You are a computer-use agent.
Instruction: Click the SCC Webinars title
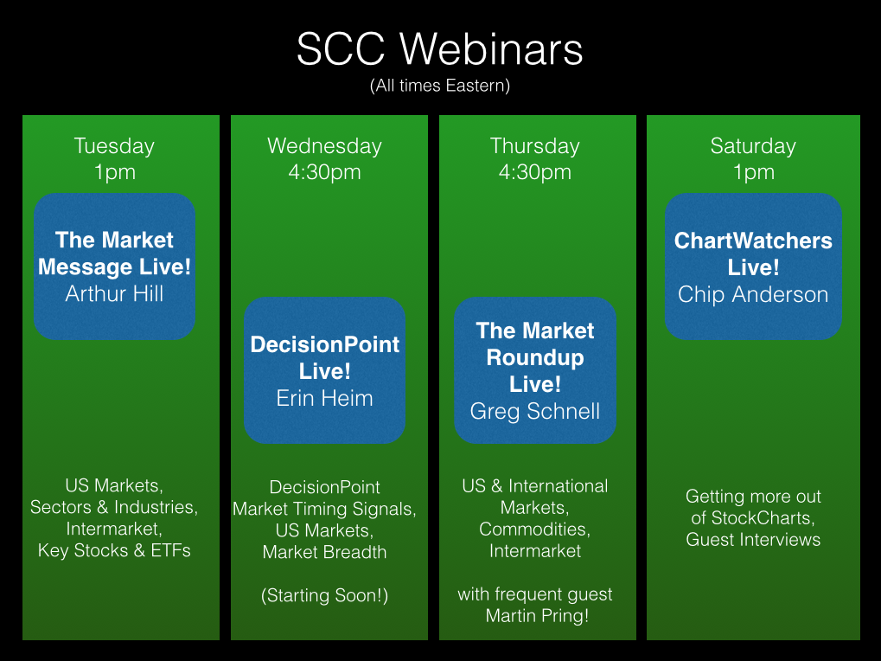(440, 49)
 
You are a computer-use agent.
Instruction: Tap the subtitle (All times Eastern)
(440, 86)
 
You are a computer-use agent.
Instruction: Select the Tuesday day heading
(114, 146)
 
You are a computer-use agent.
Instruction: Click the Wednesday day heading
(325, 146)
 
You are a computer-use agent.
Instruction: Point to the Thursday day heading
(535, 146)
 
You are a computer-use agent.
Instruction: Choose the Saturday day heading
(753, 146)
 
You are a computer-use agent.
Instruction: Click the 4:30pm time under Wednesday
(325, 172)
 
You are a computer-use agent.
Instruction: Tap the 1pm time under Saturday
(753, 172)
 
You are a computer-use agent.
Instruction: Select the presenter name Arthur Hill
(114, 293)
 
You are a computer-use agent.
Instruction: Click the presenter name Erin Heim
(325, 398)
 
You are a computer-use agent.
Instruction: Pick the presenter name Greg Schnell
(535, 412)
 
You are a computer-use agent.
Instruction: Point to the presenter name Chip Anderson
(753, 294)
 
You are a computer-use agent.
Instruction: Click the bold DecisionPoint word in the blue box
(325, 344)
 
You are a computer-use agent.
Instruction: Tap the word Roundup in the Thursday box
(535, 358)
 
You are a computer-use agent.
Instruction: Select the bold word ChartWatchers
(753, 241)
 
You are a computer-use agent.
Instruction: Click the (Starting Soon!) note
(325, 595)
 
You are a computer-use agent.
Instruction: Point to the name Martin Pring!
(537, 616)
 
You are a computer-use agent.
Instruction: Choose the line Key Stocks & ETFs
(114, 550)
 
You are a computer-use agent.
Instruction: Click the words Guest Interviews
(753, 540)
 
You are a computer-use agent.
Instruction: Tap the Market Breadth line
(325, 552)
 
